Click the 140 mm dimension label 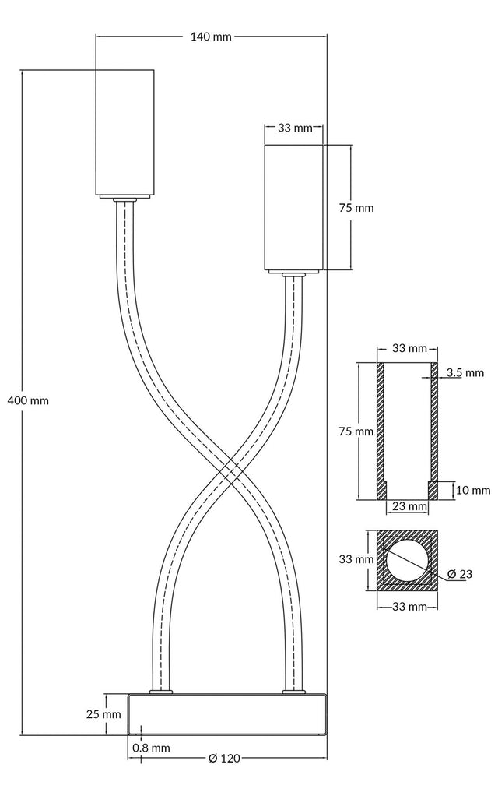click(x=211, y=37)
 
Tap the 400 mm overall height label click(x=28, y=400)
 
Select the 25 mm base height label click(x=103, y=713)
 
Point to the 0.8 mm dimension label click(x=151, y=748)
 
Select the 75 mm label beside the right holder click(x=356, y=208)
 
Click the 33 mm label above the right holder click(x=294, y=128)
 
